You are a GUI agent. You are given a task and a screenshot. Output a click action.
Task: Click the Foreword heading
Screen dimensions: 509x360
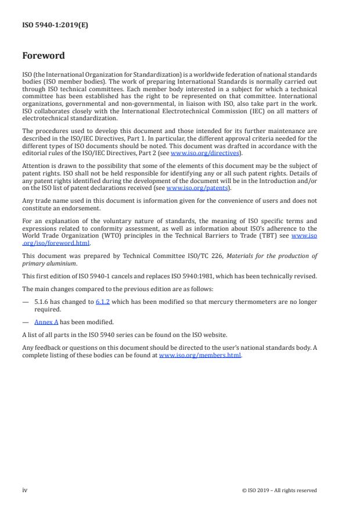pyautogui.click(x=43, y=56)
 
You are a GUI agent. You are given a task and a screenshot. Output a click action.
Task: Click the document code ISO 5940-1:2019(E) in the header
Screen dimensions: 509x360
pyautogui.click(x=55, y=25)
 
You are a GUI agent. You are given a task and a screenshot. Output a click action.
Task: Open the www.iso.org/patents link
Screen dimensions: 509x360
pyautogui.click(x=190, y=188)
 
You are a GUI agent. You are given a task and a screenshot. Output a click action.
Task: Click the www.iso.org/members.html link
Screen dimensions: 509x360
pyautogui.click(x=200, y=355)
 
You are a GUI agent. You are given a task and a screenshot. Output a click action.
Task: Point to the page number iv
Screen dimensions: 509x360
pyautogui.click(x=25, y=490)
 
